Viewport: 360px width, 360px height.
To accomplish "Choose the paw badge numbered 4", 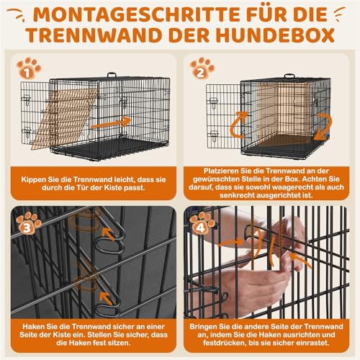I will pos(202,224).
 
